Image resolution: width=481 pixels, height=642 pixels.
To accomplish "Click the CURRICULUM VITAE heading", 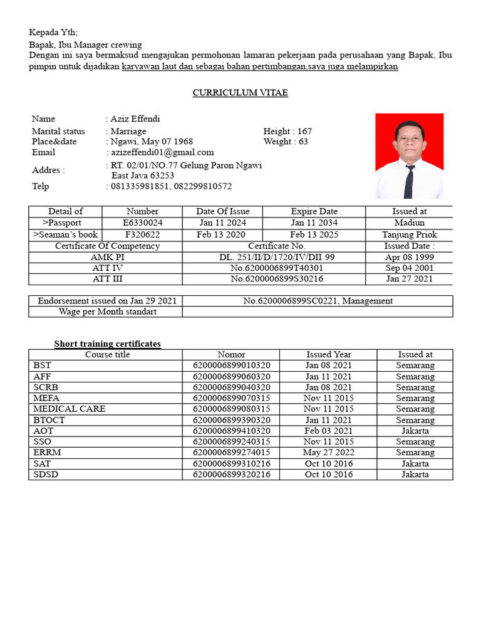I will tap(240, 93).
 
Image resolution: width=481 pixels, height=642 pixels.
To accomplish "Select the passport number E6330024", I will tap(143, 223).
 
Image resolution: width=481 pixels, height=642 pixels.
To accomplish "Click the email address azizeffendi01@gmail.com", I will tap(162, 152).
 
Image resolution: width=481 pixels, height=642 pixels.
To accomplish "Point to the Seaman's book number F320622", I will tap(143, 234).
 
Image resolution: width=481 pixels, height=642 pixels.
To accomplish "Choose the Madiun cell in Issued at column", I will tap(409, 223).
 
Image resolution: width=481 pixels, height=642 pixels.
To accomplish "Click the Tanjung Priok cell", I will tap(409, 234).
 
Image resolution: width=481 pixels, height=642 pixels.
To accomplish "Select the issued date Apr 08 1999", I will tap(409, 257).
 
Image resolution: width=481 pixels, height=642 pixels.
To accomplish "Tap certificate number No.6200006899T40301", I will tap(277, 268).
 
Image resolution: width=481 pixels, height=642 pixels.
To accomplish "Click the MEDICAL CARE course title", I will tap(70, 409).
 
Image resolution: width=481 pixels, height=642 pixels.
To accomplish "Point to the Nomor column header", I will tap(231, 354).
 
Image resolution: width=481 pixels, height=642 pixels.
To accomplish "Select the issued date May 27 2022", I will tap(328, 452).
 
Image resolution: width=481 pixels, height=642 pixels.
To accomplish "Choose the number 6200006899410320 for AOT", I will tap(231, 431).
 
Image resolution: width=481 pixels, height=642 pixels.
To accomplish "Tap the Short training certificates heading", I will tap(107, 344).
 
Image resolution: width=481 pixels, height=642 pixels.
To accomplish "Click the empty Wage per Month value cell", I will tap(318, 312).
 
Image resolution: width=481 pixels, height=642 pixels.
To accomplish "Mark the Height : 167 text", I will tap(287, 131).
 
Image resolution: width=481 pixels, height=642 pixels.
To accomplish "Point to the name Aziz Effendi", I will tap(135, 118).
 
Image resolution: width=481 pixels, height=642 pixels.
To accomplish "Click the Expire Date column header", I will tap(314, 211).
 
